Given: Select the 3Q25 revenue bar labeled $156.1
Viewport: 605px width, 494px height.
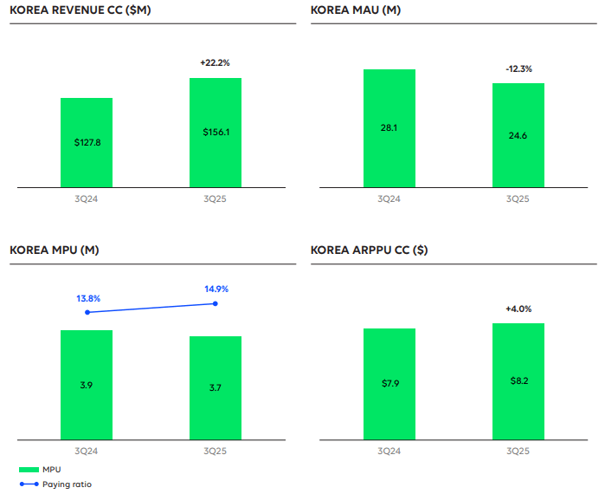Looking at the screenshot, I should [x=216, y=133].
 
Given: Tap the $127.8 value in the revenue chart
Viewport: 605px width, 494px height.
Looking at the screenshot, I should [x=86, y=142].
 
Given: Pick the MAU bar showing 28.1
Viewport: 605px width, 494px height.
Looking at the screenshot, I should [x=389, y=128].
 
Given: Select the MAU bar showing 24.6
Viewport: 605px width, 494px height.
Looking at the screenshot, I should [x=518, y=135].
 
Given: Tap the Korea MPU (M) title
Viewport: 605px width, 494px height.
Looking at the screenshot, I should [x=55, y=250].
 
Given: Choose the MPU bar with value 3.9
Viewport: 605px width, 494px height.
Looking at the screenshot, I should [x=86, y=385].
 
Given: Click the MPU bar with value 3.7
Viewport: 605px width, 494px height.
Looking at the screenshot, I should [x=216, y=387].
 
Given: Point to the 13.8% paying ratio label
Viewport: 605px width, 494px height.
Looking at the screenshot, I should [x=88, y=298].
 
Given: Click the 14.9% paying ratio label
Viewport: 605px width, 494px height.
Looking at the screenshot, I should [x=216, y=289].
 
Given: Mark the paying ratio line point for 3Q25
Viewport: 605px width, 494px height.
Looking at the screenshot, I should [x=216, y=303].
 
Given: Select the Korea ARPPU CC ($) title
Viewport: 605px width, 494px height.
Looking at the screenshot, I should [x=370, y=250].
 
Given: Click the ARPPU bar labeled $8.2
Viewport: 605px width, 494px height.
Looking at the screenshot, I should [x=518, y=381].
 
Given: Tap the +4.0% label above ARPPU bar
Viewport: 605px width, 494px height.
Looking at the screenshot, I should [x=518, y=309].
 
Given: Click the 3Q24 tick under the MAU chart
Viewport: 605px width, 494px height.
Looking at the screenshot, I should [x=389, y=198].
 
